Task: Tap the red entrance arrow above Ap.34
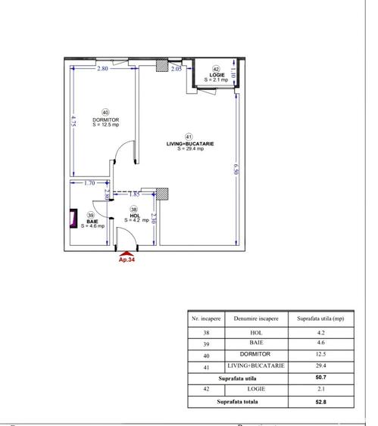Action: pyautogui.click(x=126, y=253)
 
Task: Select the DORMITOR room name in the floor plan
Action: pyautogui.click(x=105, y=120)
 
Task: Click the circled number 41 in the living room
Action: pyautogui.click(x=189, y=136)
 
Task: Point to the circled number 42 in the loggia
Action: pyautogui.click(x=215, y=68)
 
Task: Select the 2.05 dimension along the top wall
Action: pyautogui.click(x=177, y=70)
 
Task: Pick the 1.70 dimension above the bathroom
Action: pyautogui.click(x=89, y=182)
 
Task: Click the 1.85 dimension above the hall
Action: pyautogui.click(x=133, y=194)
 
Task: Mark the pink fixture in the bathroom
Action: pyautogui.click(x=74, y=219)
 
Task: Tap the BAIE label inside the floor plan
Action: pyautogui.click(x=91, y=221)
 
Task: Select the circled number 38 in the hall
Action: pyautogui.click(x=134, y=209)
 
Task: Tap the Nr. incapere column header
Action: pyautogui.click(x=206, y=319)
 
